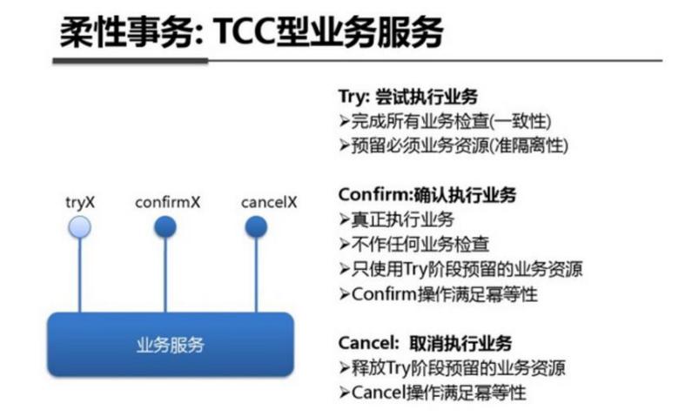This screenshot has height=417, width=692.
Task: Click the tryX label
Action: (80, 203)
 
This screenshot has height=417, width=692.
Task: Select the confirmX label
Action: (168, 202)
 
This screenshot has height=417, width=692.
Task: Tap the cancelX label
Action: (269, 202)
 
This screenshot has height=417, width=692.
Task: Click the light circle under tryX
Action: (80, 227)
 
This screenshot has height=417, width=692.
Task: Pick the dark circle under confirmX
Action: (165, 227)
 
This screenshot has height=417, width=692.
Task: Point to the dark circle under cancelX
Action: (257, 227)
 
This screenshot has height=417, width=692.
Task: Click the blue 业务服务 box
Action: (171, 345)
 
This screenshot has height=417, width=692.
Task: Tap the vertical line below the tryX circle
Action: (80, 275)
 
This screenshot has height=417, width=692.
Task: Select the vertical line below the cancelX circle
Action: (257, 275)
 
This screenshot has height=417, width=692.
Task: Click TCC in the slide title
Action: (245, 31)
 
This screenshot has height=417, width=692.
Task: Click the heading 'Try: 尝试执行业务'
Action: (408, 97)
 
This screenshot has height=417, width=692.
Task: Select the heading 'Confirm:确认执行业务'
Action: (427, 195)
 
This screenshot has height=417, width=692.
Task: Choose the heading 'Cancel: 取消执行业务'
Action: (425, 343)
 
